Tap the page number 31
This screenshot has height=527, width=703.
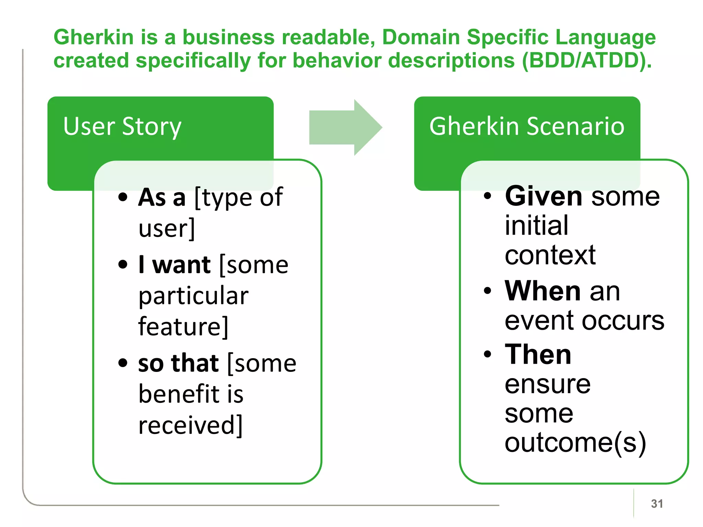point(657,504)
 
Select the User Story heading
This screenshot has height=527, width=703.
point(122,127)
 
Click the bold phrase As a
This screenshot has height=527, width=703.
point(162,198)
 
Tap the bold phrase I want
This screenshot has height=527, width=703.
point(174,265)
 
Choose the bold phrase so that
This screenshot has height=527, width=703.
point(178,363)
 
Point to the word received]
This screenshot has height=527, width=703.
point(191,425)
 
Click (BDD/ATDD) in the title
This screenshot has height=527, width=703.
point(586,61)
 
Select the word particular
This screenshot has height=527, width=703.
point(193,296)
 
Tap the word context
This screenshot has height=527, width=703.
point(550,255)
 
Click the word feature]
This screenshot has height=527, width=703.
point(183,327)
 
